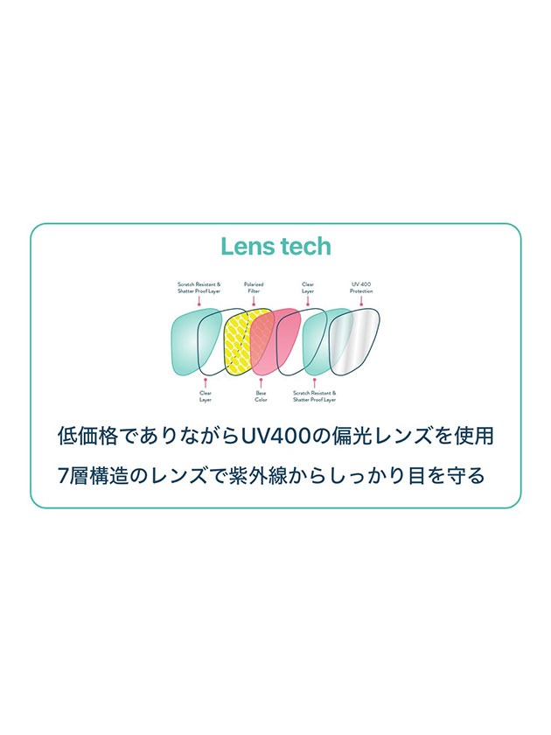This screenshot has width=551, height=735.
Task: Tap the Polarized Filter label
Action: pos(255,287)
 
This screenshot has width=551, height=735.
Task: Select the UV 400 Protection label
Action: pos(361,287)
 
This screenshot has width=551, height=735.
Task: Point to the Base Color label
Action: pos(261,396)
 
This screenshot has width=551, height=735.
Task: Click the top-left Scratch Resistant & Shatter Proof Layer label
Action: pos(199,287)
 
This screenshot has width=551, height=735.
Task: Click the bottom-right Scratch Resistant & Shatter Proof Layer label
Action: pos(314,396)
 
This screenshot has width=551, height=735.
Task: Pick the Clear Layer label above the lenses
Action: pos(308,287)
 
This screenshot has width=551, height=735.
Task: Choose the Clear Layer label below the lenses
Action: pos(206,396)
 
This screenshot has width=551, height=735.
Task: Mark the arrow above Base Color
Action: pos(261,382)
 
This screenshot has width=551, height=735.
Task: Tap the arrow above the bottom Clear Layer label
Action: pos(206,382)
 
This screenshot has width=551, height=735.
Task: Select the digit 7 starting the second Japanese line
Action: pos(62,478)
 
